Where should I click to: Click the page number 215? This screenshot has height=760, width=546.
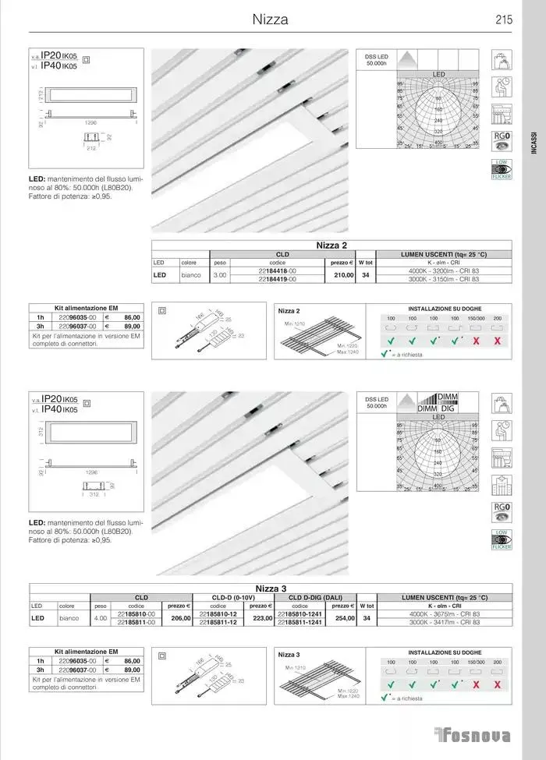pyautogui.click(x=503, y=21)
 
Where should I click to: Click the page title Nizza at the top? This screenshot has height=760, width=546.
pyautogui.click(x=271, y=20)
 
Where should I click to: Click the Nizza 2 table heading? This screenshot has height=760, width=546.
pyautogui.click(x=331, y=246)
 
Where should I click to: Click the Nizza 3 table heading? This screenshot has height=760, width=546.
pyautogui.click(x=271, y=589)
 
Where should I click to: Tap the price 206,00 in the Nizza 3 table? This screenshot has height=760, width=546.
pyautogui.click(x=180, y=618)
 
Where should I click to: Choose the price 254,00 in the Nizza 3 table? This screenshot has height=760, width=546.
pyautogui.click(x=343, y=618)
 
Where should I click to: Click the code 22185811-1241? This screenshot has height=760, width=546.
pyautogui.click(x=300, y=622)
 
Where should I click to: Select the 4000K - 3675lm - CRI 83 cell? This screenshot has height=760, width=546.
pyautogui.click(x=444, y=614)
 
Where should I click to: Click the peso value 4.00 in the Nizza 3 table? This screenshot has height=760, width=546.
pyautogui.click(x=101, y=618)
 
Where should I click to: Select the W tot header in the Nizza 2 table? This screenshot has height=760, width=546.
pyautogui.click(x=366, y=263)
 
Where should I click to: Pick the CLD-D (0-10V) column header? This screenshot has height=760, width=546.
pyautogui.click(x=233, y=597)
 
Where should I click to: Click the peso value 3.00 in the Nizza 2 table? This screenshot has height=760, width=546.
pyautogui.click(x=220, y=275)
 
